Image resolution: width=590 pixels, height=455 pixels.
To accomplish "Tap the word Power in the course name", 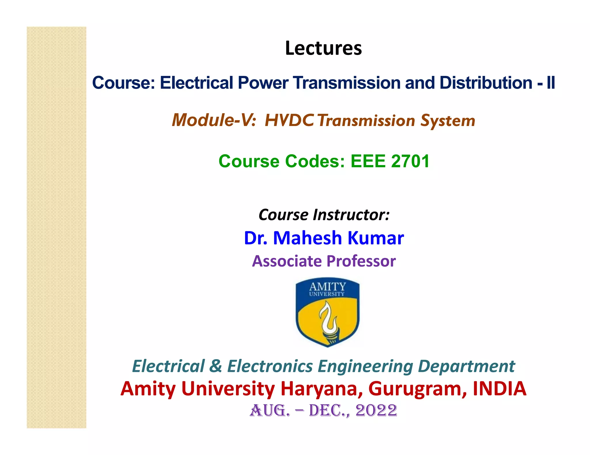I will coord(263,83).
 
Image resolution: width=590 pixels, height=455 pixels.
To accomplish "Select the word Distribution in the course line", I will coord(486,83).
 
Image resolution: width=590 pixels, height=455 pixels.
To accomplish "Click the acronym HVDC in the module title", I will coord(289,120).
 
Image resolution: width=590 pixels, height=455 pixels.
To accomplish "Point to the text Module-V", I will coord(213,120).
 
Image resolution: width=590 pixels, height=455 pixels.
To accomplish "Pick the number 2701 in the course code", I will coord(410,161).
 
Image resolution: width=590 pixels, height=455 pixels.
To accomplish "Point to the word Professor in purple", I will coord(361,261).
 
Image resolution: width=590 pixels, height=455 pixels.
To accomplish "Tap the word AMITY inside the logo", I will coord(328,286).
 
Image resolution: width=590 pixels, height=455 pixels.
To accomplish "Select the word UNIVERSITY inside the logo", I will coord(327,294).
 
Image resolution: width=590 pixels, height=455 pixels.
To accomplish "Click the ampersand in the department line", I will coord(216,366).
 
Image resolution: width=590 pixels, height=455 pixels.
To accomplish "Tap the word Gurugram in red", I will coord(417,389).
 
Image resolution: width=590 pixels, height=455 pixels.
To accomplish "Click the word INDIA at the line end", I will coord(500,389).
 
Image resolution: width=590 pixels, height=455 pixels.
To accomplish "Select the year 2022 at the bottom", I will coord(376,410).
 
